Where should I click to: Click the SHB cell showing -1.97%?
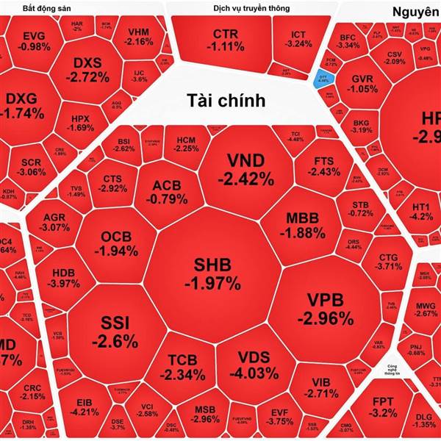[x=212, y=273]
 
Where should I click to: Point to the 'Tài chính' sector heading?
[x=225, y=100]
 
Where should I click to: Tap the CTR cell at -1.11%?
[x=225, y=40]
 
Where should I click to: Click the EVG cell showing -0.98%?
[x=34, y=40]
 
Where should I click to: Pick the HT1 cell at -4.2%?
[x=421, y=211]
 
